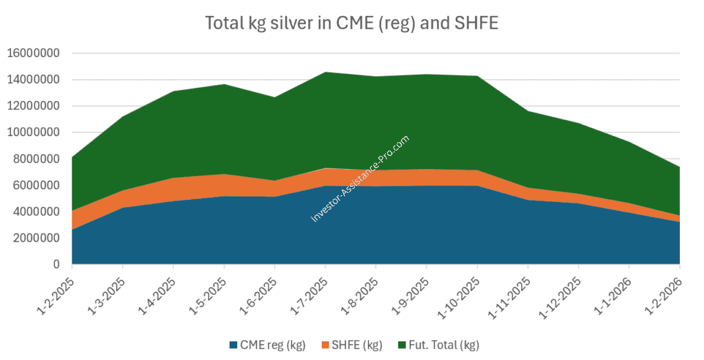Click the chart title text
(351, 23)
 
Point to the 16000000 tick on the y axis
(34, 53)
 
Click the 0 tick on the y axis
(58, 265)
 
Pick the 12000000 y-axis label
(34, 106)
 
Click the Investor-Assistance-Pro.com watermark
(360, 179)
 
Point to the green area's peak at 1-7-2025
(325, 72)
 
